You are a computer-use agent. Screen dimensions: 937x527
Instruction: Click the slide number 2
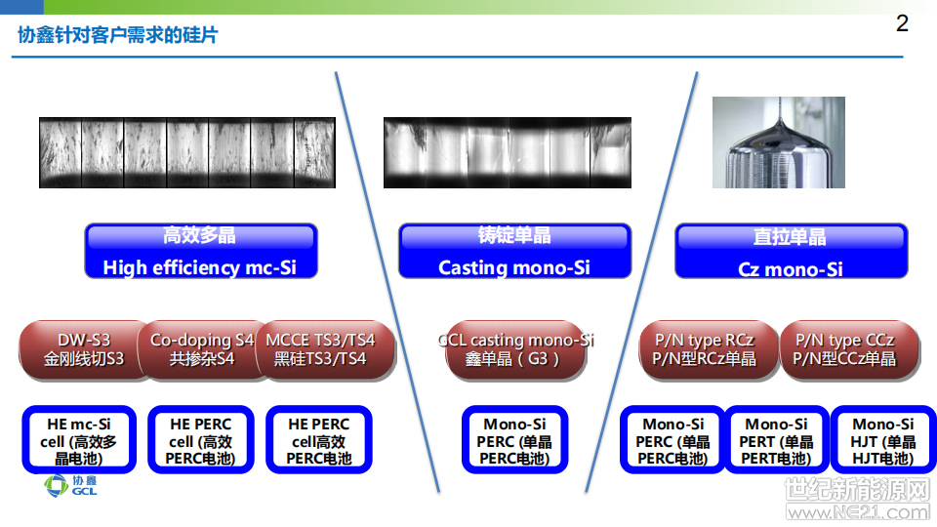pyautogui.click(x=902, y=23)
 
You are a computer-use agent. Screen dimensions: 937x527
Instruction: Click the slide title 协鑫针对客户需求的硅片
pyautogui.click(x=118, y=35)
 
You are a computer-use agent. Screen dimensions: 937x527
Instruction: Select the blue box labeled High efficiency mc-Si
pyautogui.click(x=201, y=251)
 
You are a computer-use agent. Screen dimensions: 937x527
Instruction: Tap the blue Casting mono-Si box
pyautogui.click(x=514, y=251)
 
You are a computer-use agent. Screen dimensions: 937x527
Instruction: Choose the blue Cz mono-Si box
pyautogui.click(x=792, y=251)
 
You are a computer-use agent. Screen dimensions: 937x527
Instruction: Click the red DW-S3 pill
pyautogui.click(x=83, y=349)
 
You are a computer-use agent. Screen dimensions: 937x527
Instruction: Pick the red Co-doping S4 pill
pyautogui.click(x=201, y=349)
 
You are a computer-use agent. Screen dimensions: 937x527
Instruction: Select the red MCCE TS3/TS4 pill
pyautogui.click(x=324, y=349)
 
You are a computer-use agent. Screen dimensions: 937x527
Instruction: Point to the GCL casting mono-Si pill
pyautogui.click(x=515, y=349)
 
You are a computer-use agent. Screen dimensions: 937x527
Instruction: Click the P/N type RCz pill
pyautogui.click(x=709, y=349)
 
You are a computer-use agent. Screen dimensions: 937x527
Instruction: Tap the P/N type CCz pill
pyautogui.click(x=849, y=349)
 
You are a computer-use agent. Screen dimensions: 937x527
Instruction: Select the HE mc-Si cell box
pyautogui.click(x=79, y=440)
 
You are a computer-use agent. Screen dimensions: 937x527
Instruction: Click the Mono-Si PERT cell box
pyautogui.click(x=776, y=440)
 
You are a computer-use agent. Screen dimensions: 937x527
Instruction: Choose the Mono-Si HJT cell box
pyautogui.click(x=883, y=440)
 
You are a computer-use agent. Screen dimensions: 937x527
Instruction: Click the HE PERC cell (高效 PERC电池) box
pyautogui.click(x=201, y=440)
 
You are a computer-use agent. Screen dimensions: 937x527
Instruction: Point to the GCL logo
pyautogui.click(x=70, y=486)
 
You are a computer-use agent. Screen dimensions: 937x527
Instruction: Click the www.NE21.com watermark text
pyautogui.click(x=858, y=512)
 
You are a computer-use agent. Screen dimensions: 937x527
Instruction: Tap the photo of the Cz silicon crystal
pyautogui.click(x=779, y=142)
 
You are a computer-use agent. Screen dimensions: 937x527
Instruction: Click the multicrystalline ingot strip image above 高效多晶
pyautogui.click(x=187, y=152)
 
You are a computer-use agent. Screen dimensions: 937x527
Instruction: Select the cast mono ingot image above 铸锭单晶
pyautogui.click(x=508, y=152)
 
